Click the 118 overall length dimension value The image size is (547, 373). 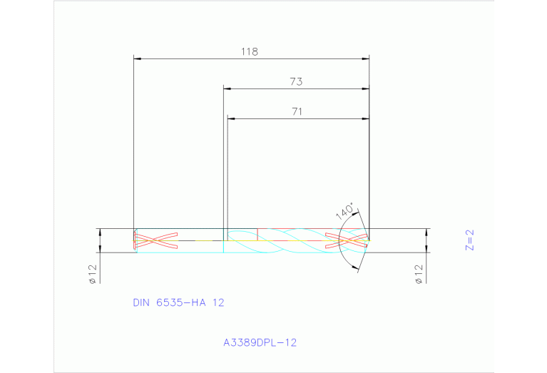click(x=249, y=51)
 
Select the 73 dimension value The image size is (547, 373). click(x=296, y=82)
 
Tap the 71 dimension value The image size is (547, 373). click(x=297, y=111)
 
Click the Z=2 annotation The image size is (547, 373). click(x=469, y=240)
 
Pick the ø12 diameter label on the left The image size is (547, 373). click(x=93, y=275)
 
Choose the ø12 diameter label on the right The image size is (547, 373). click(x=419, y=274)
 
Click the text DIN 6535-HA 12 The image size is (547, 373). click(x=178, y=302)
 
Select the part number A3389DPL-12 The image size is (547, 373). click(x=260, y=342)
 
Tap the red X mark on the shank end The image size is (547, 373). click(x=155, y=240)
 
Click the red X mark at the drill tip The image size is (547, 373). click(x=347, y=240)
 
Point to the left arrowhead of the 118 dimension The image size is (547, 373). click(x=138, y=58)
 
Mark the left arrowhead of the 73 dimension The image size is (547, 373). click(x=228, y=88)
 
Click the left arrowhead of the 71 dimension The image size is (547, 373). click(x=231, y=118)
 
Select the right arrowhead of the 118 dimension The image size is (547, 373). click(x=365, y=58)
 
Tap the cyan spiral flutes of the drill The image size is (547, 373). click(x=292, y=241)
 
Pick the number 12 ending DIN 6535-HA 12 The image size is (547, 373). click(x=218, y=302)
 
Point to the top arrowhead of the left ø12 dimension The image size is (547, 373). click(x=100, y=233)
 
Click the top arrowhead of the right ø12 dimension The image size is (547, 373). click(x=426, y=233)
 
